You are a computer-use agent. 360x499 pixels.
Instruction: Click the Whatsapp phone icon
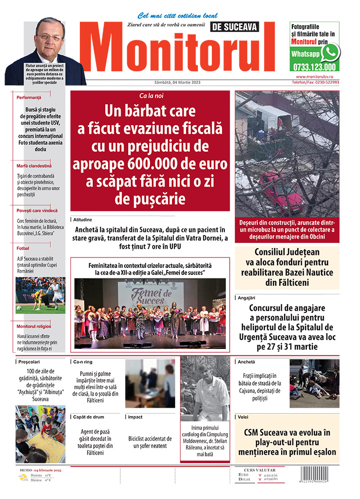[330, 52]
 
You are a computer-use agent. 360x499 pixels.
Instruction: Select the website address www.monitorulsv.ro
[318, 77]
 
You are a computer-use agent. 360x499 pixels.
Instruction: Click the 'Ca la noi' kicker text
[150, 95]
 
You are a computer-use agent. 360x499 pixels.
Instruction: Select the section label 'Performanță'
[28, 98]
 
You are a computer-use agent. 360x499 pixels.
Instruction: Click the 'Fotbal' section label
[23, 248]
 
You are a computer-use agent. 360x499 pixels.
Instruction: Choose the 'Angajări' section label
[249, 297]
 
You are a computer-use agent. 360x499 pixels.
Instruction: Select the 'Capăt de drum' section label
[88, 417]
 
